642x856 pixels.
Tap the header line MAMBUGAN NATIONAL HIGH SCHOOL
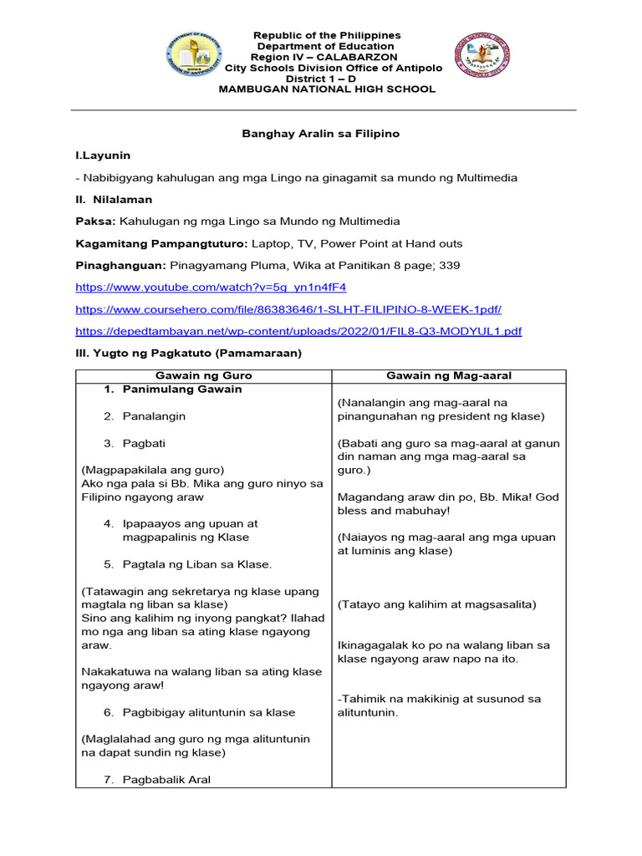327,89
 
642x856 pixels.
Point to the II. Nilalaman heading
114,200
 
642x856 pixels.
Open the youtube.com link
210,288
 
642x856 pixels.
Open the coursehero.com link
288,309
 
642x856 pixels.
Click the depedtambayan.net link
298,332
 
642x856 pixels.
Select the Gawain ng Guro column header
203,376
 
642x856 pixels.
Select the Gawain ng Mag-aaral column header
448,376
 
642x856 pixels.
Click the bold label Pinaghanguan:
120,266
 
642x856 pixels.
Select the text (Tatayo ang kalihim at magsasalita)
436,604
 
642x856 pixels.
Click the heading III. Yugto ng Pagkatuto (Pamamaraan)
188,354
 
